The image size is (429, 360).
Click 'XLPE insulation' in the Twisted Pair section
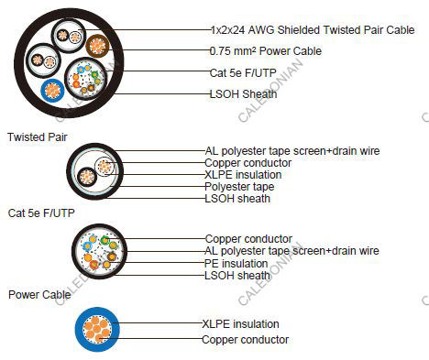pos(243,174)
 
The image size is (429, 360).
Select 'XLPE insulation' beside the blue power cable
pos(240,323)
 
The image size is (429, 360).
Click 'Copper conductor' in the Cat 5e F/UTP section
pos(248,239)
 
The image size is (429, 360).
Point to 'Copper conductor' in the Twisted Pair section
pos(248,162)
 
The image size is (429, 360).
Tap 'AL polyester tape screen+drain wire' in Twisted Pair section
pos(291,150)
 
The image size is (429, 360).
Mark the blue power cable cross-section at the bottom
pos(95,331)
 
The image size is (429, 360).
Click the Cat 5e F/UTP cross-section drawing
pos(96,254)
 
